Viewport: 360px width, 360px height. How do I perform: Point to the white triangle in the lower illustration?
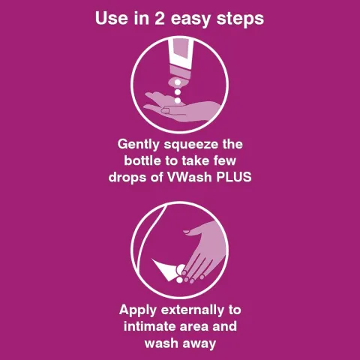coord(161,265)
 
